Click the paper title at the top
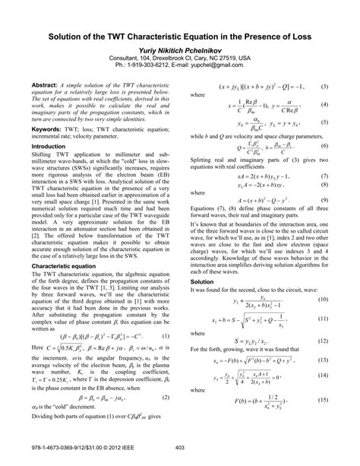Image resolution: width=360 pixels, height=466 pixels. point(180,35)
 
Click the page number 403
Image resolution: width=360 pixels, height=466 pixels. point(180,448)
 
